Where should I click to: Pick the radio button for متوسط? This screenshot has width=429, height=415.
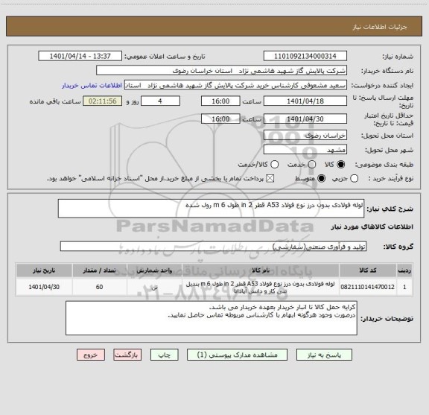point(322,179)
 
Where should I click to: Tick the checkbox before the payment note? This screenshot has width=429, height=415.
point(270,179)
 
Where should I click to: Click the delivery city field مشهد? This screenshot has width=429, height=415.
point(306,150)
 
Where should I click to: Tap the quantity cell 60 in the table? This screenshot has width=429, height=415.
point(100,286)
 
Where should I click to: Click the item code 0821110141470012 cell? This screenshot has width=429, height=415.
point(366,286)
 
